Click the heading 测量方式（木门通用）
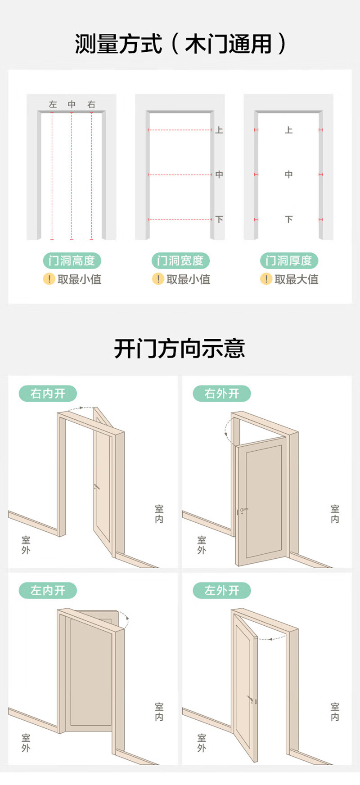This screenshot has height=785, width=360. tap(180, 44)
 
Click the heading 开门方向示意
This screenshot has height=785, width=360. tap(180, 349)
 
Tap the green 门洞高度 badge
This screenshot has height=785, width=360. tap(72, 260)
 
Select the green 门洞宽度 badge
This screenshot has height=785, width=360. tap(180, 260)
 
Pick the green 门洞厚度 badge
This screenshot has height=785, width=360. tap(289, 260)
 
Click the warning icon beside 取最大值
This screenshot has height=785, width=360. tap(266, 279)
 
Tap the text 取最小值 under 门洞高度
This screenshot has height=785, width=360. tap(79, 279)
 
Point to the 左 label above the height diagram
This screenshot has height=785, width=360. tap(53, 104)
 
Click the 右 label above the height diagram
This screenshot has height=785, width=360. tap(91, 104)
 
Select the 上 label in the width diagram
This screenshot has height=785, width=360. tap(219, 130)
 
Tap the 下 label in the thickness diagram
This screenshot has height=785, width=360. tap(288, 220)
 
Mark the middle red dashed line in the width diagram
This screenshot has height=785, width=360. tap(180, 175)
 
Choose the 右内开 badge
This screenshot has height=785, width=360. tap(48, 394)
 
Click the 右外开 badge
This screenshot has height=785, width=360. tap(222, 394)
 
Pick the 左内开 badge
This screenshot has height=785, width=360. tap(48, 590)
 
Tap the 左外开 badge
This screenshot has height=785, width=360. tap(222, 590)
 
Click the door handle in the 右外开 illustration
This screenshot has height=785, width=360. tap(243, 510)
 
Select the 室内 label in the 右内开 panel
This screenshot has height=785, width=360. tap(159, 514)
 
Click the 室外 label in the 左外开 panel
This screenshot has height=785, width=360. tap(202, 743)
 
